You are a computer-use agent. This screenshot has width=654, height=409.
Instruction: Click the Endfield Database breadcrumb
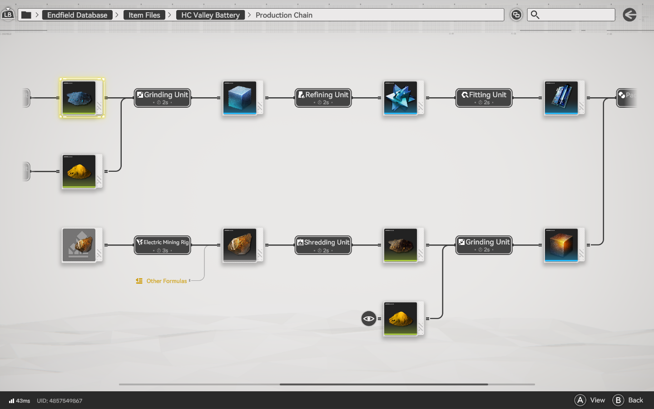point(77,15)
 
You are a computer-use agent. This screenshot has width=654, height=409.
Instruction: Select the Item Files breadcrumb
point(144,15)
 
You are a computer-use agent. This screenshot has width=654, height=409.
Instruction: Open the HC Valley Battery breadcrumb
point(210,15)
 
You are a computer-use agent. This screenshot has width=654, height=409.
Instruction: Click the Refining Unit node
point(323,98)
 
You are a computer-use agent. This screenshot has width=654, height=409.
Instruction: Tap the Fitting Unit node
point(484,98)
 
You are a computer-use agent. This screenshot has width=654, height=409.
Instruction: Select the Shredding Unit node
point(323,245)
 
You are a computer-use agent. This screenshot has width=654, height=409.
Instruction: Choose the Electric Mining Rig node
point(162,245)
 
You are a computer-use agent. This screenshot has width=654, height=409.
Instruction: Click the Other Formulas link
point(166,281)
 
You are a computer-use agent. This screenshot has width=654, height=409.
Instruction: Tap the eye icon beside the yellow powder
point(369,319)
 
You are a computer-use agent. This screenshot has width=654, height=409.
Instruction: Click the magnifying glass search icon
point(535,15)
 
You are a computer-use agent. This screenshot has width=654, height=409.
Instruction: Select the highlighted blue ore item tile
point(79,98)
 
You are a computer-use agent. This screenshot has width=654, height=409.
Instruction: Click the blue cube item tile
point(240,98)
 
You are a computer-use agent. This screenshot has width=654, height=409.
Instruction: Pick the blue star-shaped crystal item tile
point(401,98)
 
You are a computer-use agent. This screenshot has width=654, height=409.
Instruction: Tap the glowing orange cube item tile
point(561,245)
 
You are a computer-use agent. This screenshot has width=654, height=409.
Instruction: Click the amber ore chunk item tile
point(240,245)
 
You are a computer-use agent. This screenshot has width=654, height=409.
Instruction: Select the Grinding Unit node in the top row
point(162,98)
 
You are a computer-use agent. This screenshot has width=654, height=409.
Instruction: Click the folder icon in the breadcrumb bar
point(26,15)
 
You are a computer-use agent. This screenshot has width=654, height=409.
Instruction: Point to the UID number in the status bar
point(59,401)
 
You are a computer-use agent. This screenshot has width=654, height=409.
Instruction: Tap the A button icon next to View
point(580,400)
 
